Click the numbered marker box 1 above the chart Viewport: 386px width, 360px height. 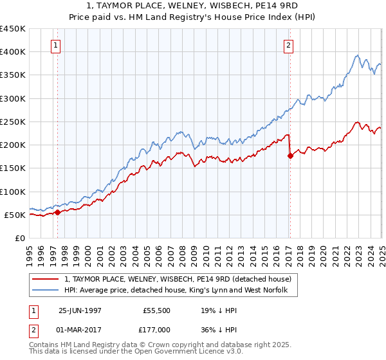click(57, 46)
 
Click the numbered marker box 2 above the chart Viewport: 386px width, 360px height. click(289, 46)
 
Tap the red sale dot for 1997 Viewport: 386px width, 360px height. click(58, 212)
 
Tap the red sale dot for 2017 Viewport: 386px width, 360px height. click(290, 155)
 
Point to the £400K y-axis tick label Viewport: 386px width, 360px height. click(13, 52)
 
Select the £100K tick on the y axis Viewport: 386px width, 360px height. click(13, 192)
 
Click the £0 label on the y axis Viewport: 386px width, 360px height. click(20, 239)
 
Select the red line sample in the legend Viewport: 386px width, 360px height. click(46, 279)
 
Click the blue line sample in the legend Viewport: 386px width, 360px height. click(46, 291)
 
